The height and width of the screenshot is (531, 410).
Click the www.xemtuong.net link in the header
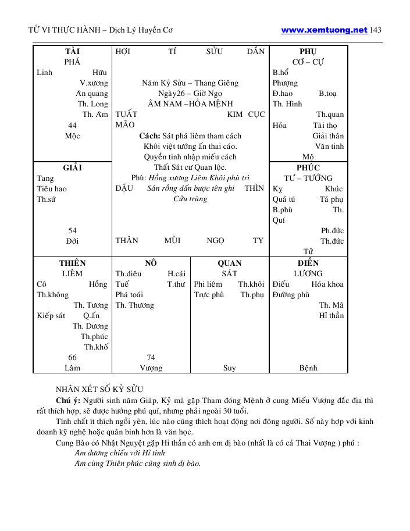pyautogui.click(x=324, y=30)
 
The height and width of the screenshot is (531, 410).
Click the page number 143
pyautogui.click(x=376, y=30)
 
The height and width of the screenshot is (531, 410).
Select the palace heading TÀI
pyautogui.click(x=72, y=51)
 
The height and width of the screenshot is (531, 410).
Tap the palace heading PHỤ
pyautogui.click(x=308, y=51)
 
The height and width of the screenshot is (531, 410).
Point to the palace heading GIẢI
pyautogui.click(x=72, y=168)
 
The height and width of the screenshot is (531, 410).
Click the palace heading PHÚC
pyautogui.click(x=308, y=168)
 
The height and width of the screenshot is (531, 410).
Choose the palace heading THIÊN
pyautogui.click(x=72, y=263)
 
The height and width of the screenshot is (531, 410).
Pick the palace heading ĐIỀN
pyautogui.click(x=308, y=263)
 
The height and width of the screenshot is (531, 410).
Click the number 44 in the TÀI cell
pyautogui.click(x=72, y=125)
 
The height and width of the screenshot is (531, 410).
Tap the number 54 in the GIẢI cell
pyautogui.click(x=72, y=230)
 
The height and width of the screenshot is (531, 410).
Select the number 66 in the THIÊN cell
pyautogui.click(x=72, y=357)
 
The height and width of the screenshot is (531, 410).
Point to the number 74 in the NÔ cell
pyautogui.click(x=151, y=357)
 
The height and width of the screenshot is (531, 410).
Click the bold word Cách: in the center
pyautogui.click(x=151, y=136)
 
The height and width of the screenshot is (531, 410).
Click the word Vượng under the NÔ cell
pyautogui.click(x=151, y=368)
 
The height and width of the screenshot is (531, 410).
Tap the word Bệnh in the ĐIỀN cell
pyautogui.click(x=308, y=368)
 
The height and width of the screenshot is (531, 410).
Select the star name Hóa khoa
pyautogui.click(x=327, y=284)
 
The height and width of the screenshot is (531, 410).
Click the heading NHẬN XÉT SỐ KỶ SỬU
pyautogui.click(x=99, y=389)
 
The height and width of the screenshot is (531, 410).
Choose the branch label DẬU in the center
pyautogui.click(x=124, y=188)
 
